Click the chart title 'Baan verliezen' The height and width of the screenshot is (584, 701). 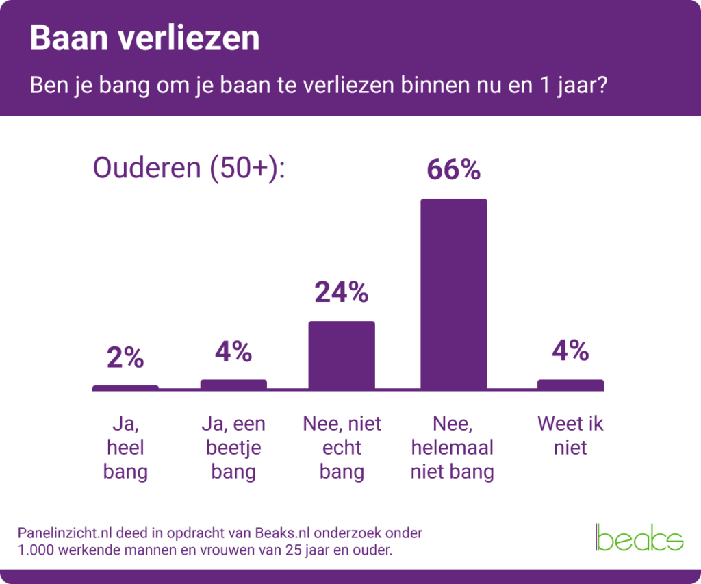click(144, 39)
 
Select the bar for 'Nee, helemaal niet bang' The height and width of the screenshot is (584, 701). click(453, 294)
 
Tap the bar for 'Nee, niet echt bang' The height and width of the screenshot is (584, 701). click(342, 355)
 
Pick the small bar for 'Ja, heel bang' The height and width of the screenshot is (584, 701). click(125, 388)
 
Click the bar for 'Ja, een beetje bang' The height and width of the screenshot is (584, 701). click(233, 385)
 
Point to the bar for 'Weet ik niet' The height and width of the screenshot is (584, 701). click(570, 385)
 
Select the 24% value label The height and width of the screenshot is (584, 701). click(342, 292)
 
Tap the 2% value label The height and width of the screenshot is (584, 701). click(125, 357)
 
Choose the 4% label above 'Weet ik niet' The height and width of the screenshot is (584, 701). click(570, 351)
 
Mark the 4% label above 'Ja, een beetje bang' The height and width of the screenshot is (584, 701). click(233, 351)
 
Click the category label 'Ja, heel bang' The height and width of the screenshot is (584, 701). click(125, 448)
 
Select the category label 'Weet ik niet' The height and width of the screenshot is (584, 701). click(570, 435)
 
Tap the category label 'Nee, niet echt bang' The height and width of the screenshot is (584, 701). click(342, 448)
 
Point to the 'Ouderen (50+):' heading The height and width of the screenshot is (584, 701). click(189, 168)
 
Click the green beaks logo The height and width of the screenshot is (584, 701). click(639, 537)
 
